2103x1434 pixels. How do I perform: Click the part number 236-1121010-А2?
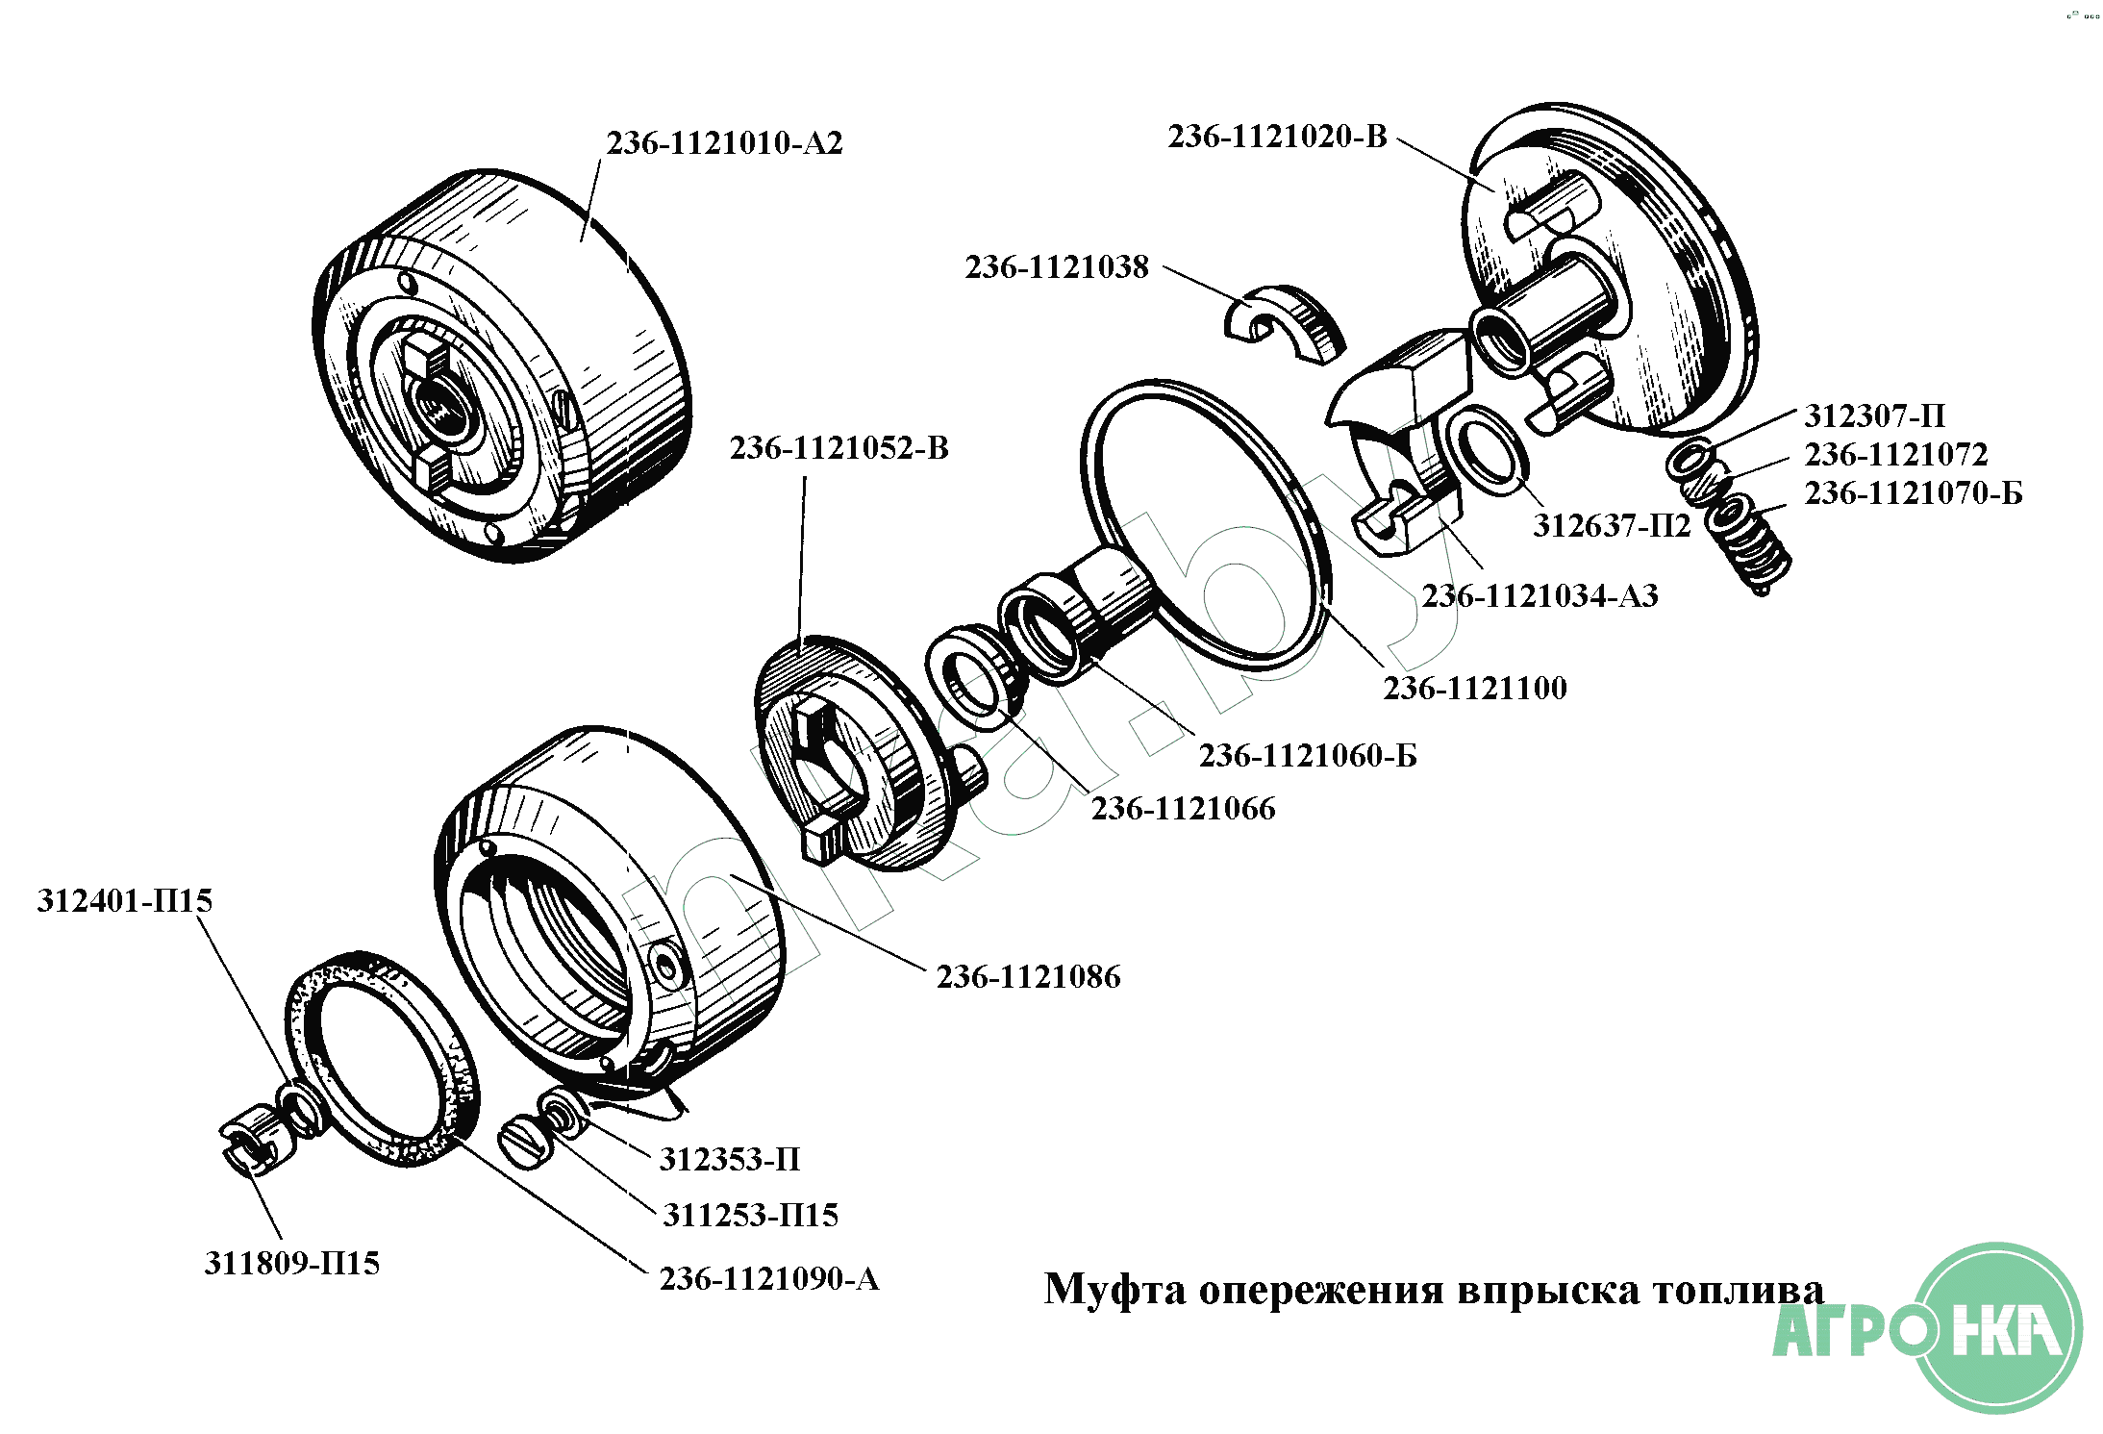(724, 143)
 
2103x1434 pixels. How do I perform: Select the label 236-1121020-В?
(1277, 137)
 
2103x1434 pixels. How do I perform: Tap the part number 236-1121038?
(1057, 267)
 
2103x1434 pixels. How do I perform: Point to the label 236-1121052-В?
(839, 448)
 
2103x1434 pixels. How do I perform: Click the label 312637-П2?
(1611, 526)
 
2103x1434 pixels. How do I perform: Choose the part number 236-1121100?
(1475, 689)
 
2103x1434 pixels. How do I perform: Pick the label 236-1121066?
(1183, 809)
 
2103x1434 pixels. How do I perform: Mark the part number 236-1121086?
(1028, 977)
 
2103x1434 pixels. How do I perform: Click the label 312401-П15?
(125, 901)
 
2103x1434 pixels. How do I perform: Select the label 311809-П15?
(291, 1263)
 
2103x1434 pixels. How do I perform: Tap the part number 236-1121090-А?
(768, 1279)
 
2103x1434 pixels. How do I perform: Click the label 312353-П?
(729, 1160)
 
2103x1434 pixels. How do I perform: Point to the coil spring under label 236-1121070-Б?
(1750, 542)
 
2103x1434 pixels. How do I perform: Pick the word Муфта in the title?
(1114, 1290)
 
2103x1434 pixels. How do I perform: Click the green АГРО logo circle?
(1997, 1328)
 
